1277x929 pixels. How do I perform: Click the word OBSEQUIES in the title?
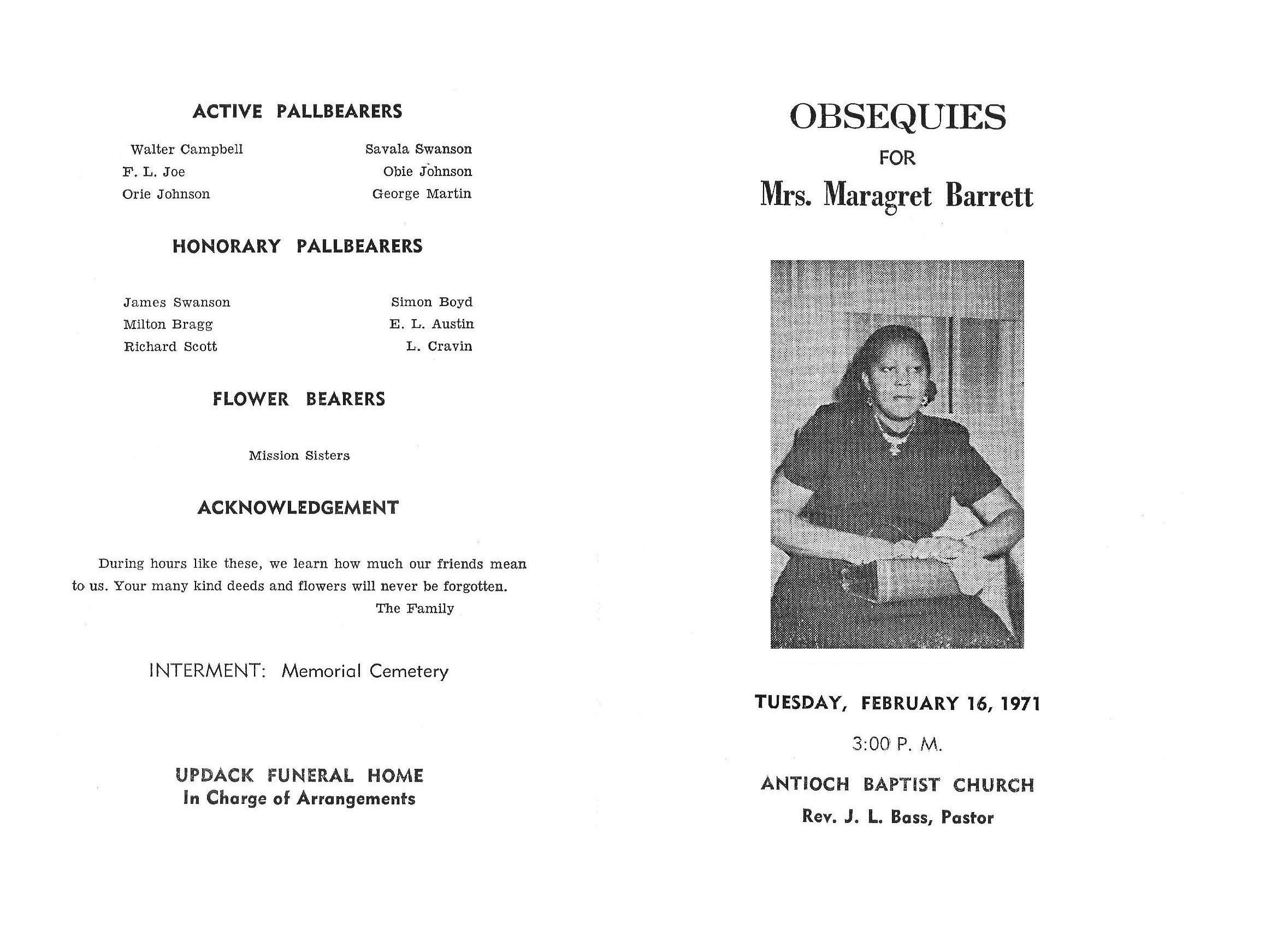pos(897,117)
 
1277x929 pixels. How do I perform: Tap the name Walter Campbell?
pos(186,149)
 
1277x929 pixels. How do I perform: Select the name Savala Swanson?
pos(418,149)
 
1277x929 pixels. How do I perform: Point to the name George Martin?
pos(422,194)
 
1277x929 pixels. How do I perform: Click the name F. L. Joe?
pos(153,172)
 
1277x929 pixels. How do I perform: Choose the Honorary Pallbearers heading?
pos(297,246)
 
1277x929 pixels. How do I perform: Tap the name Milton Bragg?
pos(168,325)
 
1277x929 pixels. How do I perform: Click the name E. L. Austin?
pos(431,324)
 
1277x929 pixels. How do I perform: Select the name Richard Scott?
pos(170,346)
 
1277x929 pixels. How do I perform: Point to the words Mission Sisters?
pos(299,455)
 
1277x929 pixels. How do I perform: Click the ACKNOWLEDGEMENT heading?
pos(298,508)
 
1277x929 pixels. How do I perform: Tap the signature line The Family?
pos(415,608)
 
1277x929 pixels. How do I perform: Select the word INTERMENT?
pos(206,671)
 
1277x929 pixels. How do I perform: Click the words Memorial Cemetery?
pos(365,671)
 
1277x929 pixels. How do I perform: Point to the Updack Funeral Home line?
pos(299,776)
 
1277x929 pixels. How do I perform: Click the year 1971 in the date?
pos(1021,704)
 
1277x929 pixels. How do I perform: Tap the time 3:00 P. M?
pos(897,745)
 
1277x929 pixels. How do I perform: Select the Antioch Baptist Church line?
pos(897,785)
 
